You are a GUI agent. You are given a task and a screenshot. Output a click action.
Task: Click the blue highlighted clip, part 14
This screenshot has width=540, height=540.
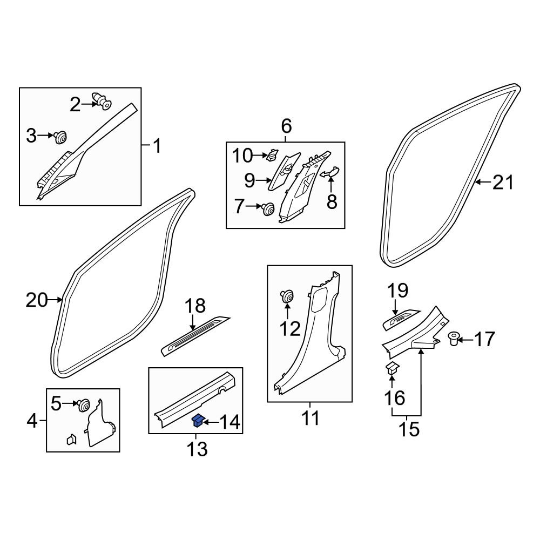click(199, 421)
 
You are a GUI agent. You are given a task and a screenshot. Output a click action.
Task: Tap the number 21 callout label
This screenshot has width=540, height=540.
click(503, 182)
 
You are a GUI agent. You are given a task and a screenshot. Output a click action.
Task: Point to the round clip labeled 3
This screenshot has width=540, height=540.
click(60, 137)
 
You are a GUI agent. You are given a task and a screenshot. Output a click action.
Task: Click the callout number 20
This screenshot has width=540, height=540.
click(37, 300)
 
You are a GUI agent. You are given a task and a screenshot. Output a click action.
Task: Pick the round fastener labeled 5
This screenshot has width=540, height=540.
click(83, 405)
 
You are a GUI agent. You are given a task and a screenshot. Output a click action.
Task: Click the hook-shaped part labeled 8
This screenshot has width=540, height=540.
click(330, 172)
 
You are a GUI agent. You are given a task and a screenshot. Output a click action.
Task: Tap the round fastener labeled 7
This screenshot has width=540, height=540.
click(268, 208)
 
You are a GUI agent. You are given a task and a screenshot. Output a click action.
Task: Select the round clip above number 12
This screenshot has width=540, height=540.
click(287, 296)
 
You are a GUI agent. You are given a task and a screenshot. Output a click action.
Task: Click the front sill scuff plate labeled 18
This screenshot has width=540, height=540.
click(195, 336)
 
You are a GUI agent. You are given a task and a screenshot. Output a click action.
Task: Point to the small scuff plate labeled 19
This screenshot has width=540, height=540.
click(401, 320)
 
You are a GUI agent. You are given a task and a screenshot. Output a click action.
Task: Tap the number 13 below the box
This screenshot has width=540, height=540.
click(197, 449)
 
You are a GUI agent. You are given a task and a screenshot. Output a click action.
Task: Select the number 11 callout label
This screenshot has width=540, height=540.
click(310, 418)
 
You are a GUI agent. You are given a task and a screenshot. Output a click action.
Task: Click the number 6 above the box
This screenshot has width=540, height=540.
click(286, 126)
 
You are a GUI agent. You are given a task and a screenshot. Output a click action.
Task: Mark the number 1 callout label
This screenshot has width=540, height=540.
click(157, 146)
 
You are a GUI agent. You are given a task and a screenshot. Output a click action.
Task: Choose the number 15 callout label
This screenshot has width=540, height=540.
click(409, 429)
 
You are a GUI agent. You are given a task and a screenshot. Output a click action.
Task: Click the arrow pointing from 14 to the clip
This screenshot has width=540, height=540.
click(211, 422)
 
